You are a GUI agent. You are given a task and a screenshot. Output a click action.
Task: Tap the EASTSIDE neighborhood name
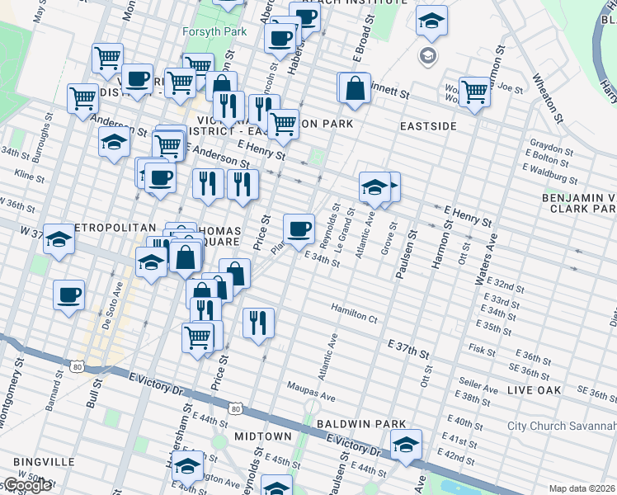(x=428, y=126)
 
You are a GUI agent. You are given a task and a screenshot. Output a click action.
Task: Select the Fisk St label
(x=481, y=349)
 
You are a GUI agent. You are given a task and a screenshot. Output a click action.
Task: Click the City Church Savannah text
(x=561, y=426)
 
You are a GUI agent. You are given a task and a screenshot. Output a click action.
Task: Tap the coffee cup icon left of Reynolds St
(x=299, y=228)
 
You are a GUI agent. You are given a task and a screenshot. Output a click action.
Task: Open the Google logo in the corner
(x=26, y=485)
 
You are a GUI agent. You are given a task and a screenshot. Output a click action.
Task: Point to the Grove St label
(x=389, y=238)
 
